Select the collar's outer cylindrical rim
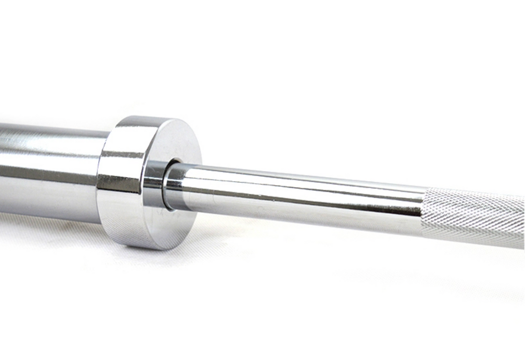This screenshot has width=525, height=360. click(x=120, y=184)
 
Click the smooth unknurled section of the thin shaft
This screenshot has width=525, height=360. click(x=297, y=192)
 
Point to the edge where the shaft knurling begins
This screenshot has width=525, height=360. click(x=423, y=210)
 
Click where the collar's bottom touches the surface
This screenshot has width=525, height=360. click(x=149, y=249)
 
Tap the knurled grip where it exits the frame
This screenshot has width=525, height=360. click(x=521, y=219)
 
